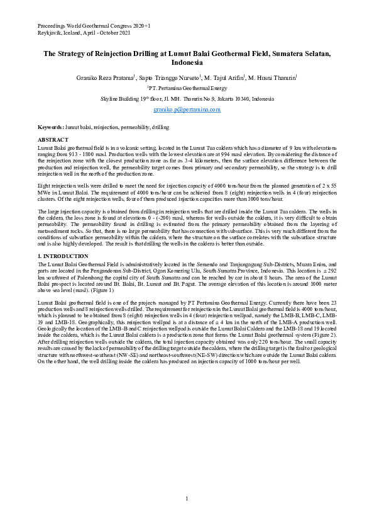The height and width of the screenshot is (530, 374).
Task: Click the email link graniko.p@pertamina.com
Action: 187,110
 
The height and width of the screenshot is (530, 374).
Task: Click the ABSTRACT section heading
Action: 52,138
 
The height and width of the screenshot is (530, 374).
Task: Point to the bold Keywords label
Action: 50,127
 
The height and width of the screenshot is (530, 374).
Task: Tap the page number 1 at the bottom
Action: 187,499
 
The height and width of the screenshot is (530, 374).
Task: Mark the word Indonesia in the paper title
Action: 187,64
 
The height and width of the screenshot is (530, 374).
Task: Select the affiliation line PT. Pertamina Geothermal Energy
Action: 187,89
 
